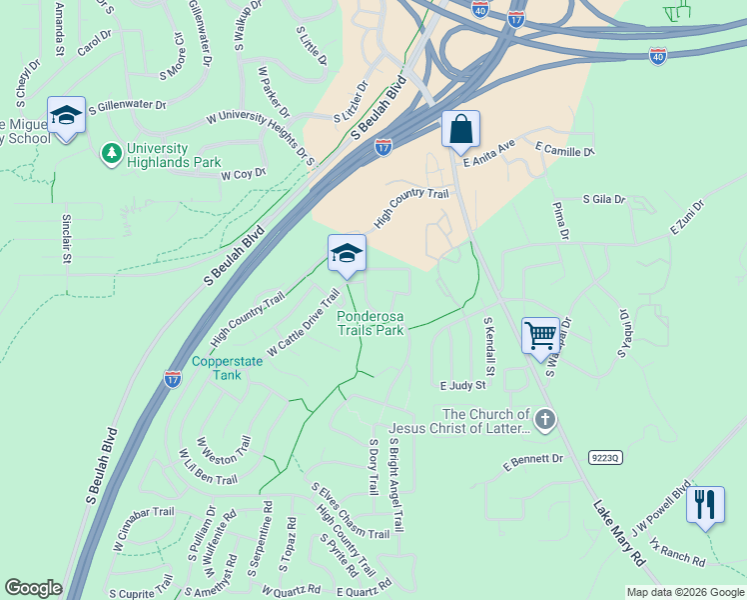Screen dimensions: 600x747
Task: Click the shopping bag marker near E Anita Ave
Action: pyautogui.click(x=460, y=129)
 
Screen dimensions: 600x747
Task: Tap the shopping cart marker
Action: pyautogui.click(x=540, y=335)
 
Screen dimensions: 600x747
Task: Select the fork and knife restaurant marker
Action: pyautogui.click(x=705, y=504)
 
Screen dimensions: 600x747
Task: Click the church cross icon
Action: pyautogui.click(x=544, y=420)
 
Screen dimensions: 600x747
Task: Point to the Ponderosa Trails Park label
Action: pyautogui.click(x=371, y=322)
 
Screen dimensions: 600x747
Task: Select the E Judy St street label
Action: pyautogui.click(x=462, y=385)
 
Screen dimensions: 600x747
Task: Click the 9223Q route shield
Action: pyautogui.click(x=606, y=457)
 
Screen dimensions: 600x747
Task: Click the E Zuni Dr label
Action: pyautogui.click(x=687, y=217)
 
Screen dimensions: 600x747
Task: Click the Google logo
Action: pyautogui.click(x=33, y=588)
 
